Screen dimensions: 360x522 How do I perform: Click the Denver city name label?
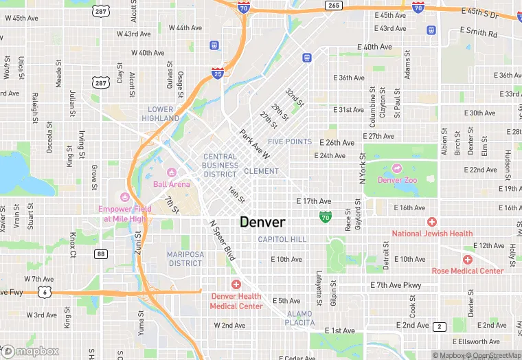(x=262, y=222)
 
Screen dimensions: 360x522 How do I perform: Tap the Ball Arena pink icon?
(x=172, y=172)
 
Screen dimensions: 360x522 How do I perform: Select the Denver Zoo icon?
(x=396, y=168)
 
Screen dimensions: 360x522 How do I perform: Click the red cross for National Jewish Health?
(x=431, y=221)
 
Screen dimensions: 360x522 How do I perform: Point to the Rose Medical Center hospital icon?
(x=467, y=259)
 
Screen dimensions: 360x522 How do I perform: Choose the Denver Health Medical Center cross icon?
(x=236, y=284)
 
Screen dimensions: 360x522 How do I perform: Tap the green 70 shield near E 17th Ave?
(x=325, y=217)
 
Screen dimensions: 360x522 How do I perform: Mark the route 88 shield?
(x=102, y=254)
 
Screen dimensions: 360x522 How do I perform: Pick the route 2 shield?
(x=440, y=326)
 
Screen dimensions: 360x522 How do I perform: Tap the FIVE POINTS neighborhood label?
(x=290, y=142)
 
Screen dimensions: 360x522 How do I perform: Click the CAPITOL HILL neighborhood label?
(x=282, y=239)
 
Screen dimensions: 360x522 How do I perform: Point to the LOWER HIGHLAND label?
(x=161, y=113)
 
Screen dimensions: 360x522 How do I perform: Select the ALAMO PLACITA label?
(x=299, y=318)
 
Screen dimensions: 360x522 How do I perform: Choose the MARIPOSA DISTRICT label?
(x=185, y=258)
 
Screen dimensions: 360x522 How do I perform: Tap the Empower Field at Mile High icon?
(x=124, y=197)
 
